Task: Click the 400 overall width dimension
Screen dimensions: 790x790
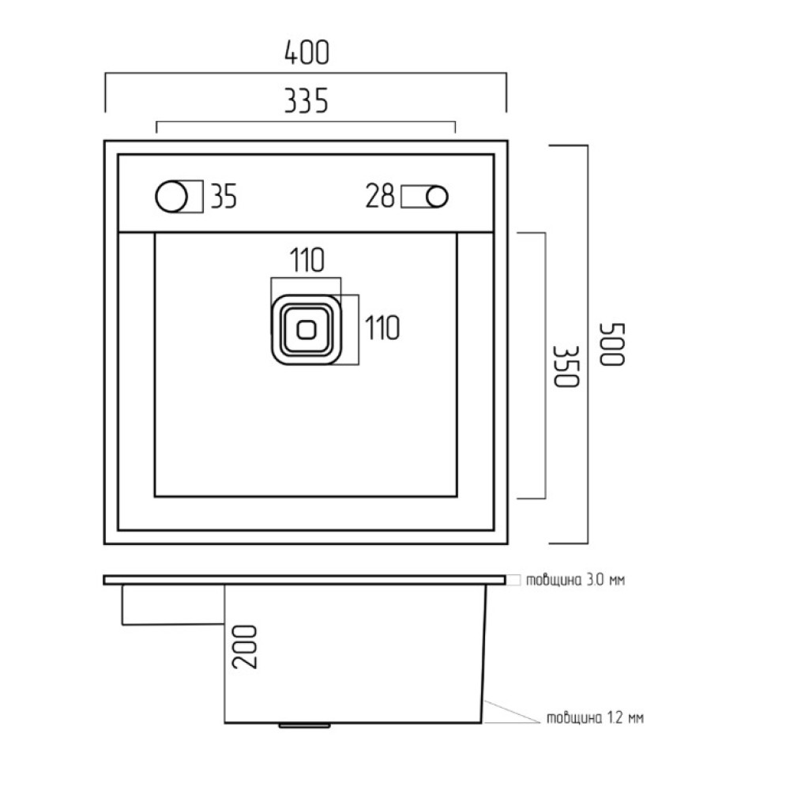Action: (x=307, y=52)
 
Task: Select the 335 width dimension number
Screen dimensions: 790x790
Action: (x=307, y=100)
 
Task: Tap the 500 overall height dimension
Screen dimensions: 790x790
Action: (x=612, y=344)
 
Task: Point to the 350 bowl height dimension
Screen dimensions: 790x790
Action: (x=566, y=367)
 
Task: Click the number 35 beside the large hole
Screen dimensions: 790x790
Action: (x=224, y=196)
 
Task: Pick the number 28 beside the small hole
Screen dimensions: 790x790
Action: (x=380, y=196)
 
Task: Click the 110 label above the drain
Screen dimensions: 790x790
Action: (x=307, y=260)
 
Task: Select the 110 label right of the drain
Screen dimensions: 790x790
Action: (x=382, y=328)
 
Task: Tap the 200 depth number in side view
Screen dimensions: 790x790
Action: (x=244, y=647)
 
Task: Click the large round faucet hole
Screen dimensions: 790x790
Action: (x=171, y=197)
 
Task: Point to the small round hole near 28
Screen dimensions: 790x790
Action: (x=437, y=197)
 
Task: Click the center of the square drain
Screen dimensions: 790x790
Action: (x=307, y=330)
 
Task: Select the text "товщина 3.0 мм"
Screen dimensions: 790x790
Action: (x=575, y=580)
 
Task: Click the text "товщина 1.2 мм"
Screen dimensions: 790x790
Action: (x=595, y=717)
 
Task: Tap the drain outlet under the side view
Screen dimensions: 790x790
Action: (x=304, y=725)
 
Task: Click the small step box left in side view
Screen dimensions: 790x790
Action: (x=173, y=605)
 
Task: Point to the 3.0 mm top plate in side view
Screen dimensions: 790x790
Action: (x=304, y=580)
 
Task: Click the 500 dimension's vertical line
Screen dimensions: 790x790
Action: (x=588, y=344)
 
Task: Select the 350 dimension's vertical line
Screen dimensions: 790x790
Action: (x=545, y=366)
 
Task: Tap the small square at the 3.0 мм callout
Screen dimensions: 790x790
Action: (x=513, y=580)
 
